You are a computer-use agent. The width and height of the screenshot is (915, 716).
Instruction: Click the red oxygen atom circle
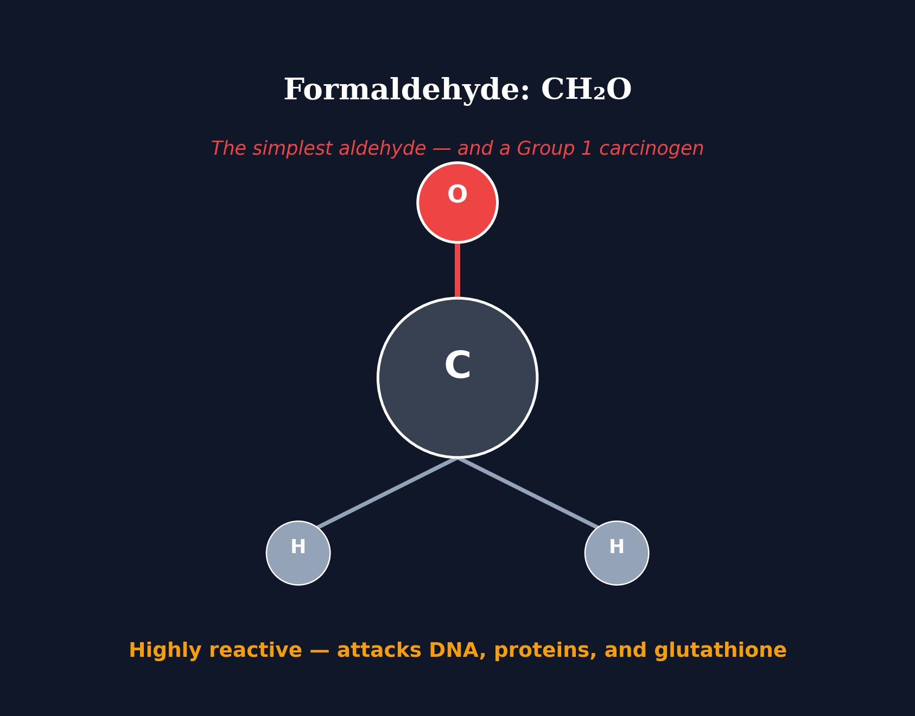point(457,202)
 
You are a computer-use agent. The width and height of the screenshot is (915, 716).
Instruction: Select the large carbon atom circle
point(457,377)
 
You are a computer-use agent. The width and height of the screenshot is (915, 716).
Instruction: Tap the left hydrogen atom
point(298,553)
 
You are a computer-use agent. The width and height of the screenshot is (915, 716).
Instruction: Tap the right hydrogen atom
point(617,553)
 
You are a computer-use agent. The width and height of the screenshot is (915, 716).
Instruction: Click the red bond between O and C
point(457,270)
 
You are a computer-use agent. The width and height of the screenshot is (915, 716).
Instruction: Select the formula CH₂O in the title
point(586,90)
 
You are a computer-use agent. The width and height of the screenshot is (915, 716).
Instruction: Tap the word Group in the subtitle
point(547,149)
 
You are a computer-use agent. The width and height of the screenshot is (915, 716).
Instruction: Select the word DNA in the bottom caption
point(457,650)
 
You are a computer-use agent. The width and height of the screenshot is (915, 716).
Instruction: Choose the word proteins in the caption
point(545,650)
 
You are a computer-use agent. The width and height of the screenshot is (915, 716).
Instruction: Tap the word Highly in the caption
point(161,650)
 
